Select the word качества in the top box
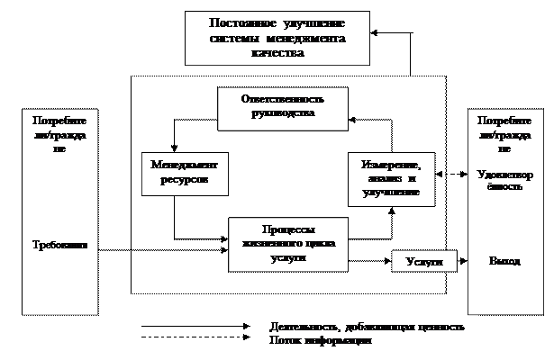point(277,52)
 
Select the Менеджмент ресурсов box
point(186,174)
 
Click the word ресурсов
point(186,180)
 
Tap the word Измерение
point(390,166)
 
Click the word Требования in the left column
point(59,245)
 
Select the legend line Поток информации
point(321,341)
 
